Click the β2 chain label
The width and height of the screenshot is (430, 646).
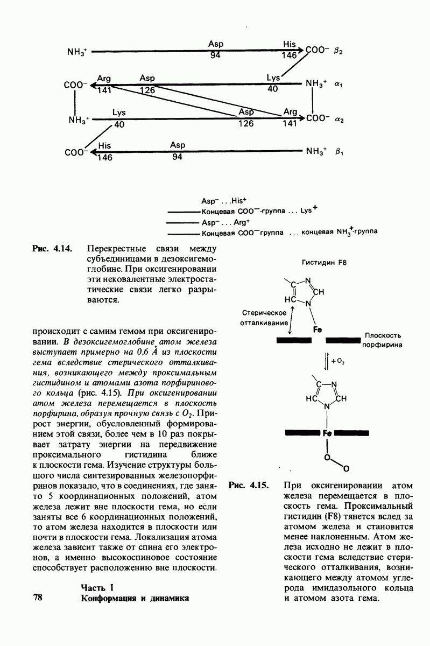tap(338, 51)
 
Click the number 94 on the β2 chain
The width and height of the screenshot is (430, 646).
tap(215, 55)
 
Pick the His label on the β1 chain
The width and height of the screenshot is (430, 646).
tap(104, 145)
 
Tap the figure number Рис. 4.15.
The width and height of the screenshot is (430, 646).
tap(248, 484)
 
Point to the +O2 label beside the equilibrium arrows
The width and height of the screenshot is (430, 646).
tap(338, 362)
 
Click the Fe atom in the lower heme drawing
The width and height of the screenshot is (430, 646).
tap(326, 433)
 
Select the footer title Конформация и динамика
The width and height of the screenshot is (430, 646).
tap(135, 598)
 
